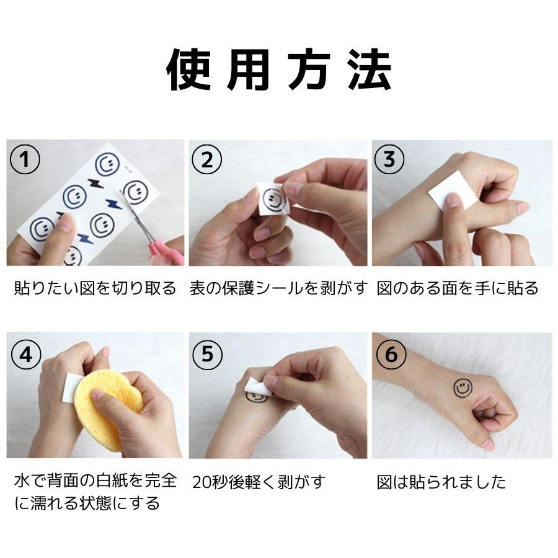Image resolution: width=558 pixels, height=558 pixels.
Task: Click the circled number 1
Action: [x=25, y=159]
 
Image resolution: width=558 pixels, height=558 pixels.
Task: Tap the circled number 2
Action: [x=206, y=159]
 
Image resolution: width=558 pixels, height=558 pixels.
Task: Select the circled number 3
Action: [x=389, y=159]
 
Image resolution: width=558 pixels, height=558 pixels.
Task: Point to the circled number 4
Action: [x=26, y=355]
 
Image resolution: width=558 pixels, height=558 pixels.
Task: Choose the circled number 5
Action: [x=208, y=355]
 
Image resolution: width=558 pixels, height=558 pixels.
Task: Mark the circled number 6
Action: [x=391, y=355]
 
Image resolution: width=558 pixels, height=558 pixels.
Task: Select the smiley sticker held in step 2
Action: [x=275, y=200]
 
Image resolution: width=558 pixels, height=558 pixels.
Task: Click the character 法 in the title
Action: [x=370, y=69]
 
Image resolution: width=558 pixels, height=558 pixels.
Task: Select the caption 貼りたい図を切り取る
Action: [x=95, y=288]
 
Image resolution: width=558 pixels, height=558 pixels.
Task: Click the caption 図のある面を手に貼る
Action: [x=458, y=288]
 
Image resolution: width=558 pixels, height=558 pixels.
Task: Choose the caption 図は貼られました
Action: [x=441, y=482]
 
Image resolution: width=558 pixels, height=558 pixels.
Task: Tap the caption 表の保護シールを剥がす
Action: [x=278, y=288]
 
